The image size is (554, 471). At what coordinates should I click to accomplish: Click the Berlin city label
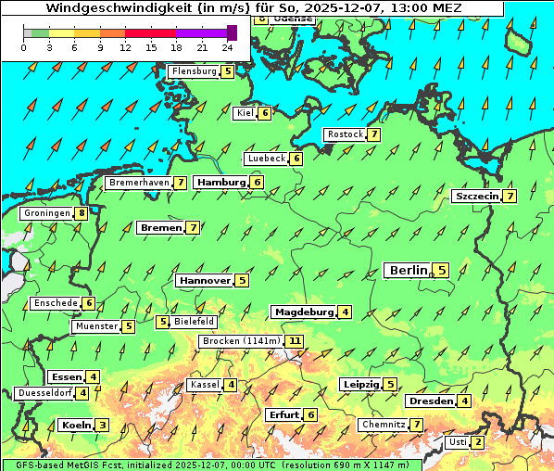tap(408, 270)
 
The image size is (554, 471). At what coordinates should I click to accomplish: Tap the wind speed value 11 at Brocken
tap(295, 341)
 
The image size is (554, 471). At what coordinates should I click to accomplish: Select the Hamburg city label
tap(220, 183)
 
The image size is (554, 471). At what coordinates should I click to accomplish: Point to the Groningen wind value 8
tap(82, 213)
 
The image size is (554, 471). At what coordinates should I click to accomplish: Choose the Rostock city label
tap(345, 134)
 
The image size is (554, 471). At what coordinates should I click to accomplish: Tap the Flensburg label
tap(194, 71)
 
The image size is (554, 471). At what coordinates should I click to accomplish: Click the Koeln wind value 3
tap(102, 426)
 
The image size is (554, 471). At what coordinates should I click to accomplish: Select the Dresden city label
tap(430, 401)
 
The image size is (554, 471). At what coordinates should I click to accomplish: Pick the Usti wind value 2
tap(477, 442)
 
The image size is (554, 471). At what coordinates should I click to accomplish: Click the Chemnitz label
tap(384, 425)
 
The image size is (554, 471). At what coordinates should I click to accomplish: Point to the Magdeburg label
tap(303, 312)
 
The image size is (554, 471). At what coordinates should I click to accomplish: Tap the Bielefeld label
tap(195, 322)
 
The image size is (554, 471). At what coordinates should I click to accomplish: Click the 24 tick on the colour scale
tap(227, 46)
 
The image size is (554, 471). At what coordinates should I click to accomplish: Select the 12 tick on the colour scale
tap(125, 46)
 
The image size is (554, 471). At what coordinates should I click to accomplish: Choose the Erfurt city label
tap(283, 414)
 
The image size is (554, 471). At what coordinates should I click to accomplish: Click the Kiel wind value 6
tap(265, 113)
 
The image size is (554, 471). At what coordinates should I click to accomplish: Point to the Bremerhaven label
tap(139, 183)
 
